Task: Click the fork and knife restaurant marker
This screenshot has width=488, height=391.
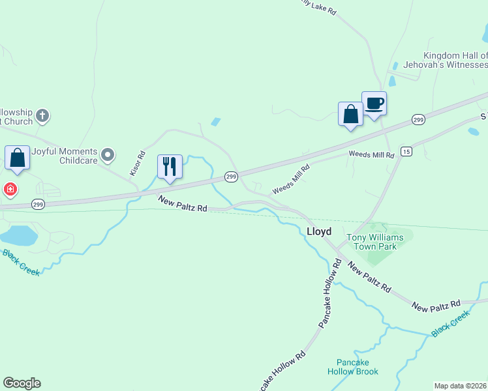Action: click(170, 166)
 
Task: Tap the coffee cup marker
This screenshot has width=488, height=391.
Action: click(374, 104)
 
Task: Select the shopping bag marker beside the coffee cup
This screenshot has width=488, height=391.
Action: click(350, 114)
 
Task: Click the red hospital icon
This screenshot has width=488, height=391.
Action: click(10, 190)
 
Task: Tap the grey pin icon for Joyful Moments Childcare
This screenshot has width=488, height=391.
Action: click(108, 155)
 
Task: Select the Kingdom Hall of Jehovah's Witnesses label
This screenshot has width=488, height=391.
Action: click(455, 60)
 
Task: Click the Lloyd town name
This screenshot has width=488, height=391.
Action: click(319, 231)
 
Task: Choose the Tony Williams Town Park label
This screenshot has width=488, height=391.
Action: click(374, 242)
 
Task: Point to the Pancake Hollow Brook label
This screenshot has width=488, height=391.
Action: click(353, 367)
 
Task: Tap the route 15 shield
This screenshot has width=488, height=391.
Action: click(406, 151)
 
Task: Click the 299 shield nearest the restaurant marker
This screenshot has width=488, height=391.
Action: click(231, 176)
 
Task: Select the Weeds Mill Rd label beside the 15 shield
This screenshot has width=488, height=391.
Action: click(371, 154)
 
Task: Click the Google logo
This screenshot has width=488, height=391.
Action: click(22, 383)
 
